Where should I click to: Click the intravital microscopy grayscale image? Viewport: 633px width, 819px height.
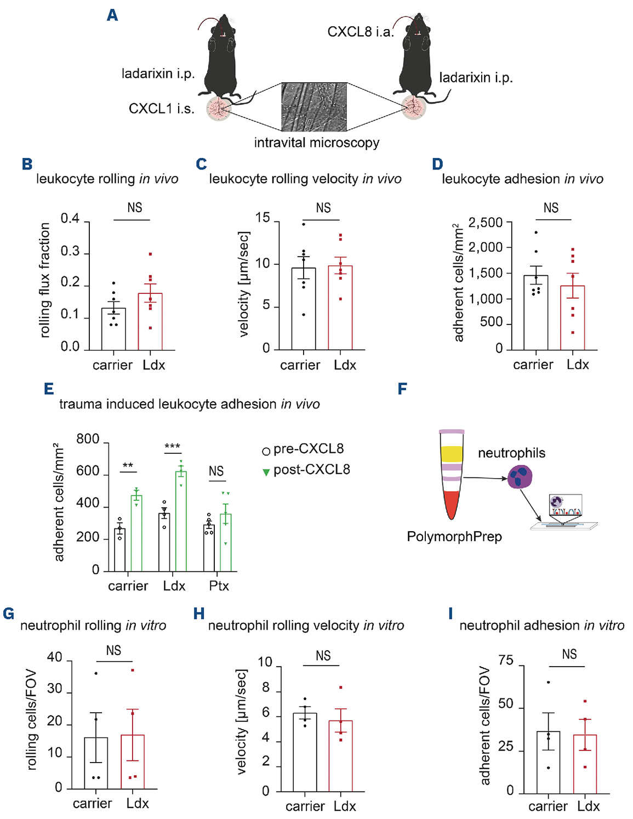coord(314,107)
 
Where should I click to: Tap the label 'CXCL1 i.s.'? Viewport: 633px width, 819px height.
coord(161,109)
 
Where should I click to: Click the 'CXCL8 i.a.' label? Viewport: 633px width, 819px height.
coord(360,32)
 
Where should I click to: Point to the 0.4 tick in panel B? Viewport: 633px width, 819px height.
coord(70,219)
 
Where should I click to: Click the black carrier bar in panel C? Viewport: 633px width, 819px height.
coord(304,309)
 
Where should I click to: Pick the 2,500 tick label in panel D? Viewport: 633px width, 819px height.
coord(485,223)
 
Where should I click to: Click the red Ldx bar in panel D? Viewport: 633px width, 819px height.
coord(572,318)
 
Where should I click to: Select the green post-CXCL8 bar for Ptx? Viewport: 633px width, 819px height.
coord(225,543)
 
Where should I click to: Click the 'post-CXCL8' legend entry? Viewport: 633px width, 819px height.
coord(311,470)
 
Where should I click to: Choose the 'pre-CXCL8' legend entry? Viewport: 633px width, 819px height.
coord(308,449)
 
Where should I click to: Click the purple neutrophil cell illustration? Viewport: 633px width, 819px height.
coord(520,476)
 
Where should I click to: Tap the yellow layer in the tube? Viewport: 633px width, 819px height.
coord(452,454)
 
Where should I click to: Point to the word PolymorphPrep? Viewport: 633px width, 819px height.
coord(454,536)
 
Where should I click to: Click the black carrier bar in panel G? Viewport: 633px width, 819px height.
coord(96,763)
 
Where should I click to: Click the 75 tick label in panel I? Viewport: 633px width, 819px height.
coord(506,661)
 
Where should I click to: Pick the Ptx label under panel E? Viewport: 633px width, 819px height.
coord(219,586)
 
